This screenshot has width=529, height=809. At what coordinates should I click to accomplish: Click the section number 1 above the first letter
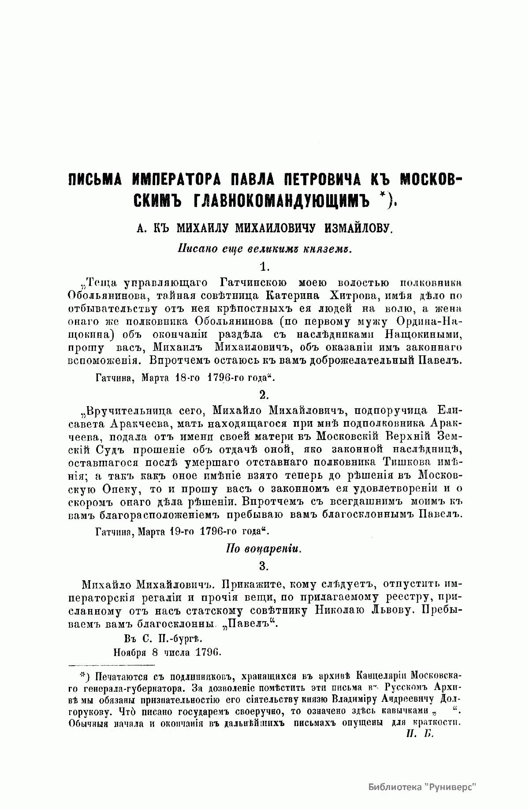tap(264, 266)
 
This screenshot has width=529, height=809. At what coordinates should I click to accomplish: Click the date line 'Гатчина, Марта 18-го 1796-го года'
tap(185, 377)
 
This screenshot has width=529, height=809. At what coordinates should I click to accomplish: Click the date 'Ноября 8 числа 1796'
tap(167, 652)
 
